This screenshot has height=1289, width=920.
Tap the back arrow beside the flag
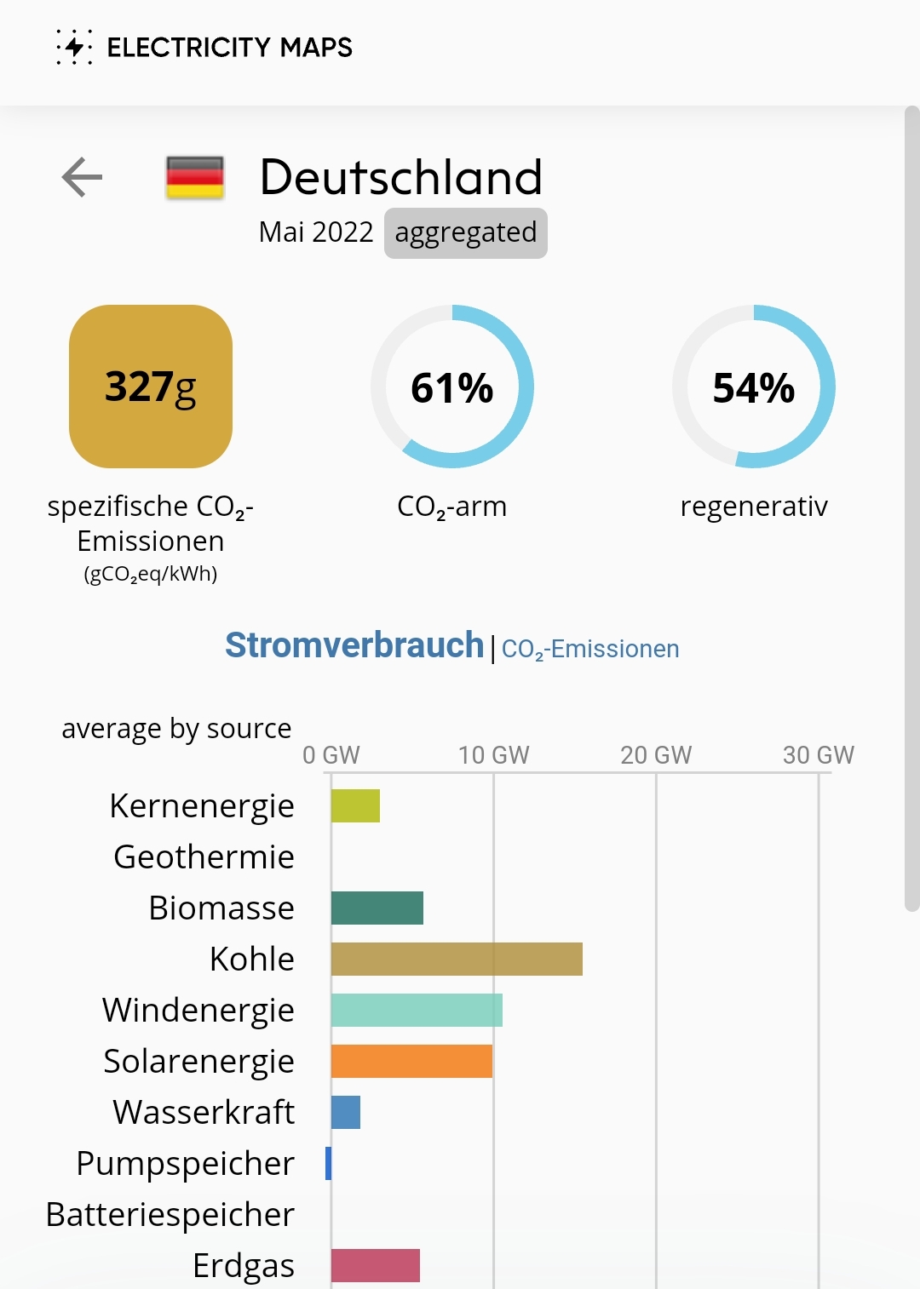[82, 177]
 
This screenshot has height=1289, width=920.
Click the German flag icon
[195, 177]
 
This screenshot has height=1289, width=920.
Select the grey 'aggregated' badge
[465, 232]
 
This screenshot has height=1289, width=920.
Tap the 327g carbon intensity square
[151, 387]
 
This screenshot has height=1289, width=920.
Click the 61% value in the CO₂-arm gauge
[452, 388]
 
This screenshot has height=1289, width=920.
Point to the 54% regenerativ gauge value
[754, 388]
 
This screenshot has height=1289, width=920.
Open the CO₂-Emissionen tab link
[590, 649]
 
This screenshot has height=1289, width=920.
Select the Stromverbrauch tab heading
[354, 645]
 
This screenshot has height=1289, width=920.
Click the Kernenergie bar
[355, 805]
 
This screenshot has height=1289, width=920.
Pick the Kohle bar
[457, 959]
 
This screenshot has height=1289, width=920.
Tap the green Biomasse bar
[377, 908]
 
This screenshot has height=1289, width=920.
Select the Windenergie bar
[417, 1010]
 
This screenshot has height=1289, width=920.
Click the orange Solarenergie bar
[411, 1061]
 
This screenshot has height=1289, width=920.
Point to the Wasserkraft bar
[346, 1112]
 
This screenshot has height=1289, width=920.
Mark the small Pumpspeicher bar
[328, 1163]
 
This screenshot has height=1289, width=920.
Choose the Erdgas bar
[375, 1265]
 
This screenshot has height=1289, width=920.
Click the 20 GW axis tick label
[656, 755]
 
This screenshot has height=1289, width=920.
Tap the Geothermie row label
[204, 856]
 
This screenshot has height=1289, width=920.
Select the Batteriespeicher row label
[170, 1214]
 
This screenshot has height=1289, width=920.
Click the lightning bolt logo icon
[75, 47]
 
